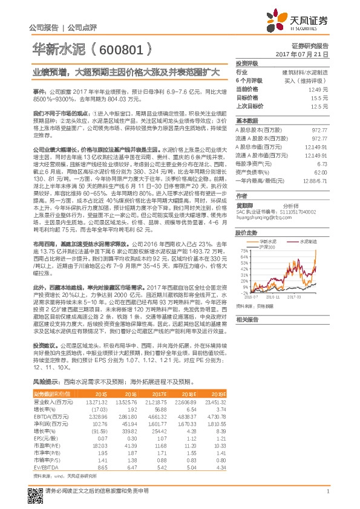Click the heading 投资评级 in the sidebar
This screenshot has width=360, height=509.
[247, 63]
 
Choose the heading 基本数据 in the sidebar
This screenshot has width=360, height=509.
[247, 120]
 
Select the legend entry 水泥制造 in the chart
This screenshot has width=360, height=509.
[310, 241]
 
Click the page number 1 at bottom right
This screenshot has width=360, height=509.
[327, 490]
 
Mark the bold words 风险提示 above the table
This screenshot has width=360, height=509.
[44, 383]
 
